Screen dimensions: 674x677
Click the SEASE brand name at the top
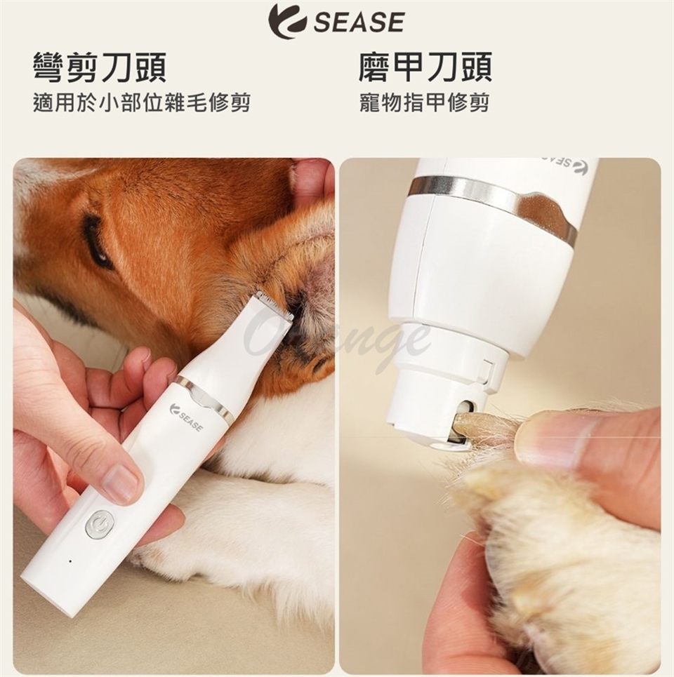[x=359, y=22]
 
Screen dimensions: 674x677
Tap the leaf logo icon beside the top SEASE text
[x=288, y=21]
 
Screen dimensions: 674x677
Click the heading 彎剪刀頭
[x=100, y=67]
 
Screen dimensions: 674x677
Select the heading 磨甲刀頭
[x=425, y=67]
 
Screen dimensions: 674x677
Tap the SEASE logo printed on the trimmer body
[x=187, y=418]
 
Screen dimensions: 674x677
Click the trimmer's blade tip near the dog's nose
[x=273, y=304]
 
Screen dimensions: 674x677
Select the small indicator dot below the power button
[x=70, y=561]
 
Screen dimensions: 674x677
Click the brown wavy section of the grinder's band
[x=546, y=214]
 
